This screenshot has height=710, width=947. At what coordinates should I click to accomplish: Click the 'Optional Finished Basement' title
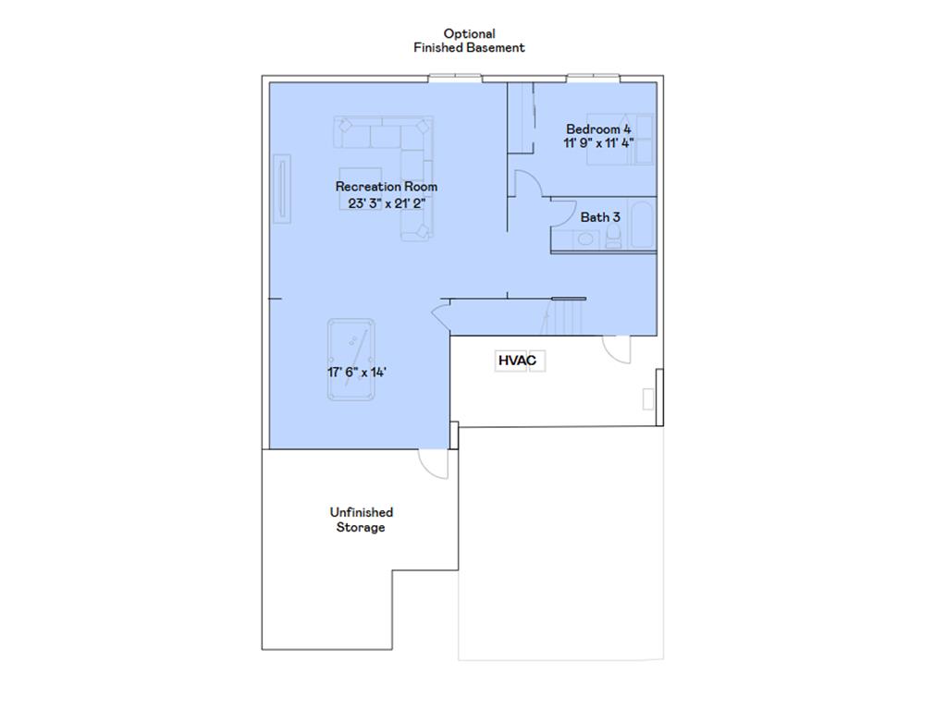tap(469, 41)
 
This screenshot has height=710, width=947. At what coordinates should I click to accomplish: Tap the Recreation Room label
tap(386, 187)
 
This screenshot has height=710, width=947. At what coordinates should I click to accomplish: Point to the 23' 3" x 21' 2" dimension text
tap(386, 202)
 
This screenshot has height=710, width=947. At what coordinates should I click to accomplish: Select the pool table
tap(351, 359)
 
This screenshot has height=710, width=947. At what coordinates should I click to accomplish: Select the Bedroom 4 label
tap(598, 129)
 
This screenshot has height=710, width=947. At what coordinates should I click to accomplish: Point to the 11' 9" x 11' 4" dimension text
tap(598, 143)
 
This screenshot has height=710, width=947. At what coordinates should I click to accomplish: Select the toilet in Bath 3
tap(611, 239)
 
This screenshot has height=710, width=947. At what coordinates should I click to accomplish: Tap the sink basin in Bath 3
tap(585, 239)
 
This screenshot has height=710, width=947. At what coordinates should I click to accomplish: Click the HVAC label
tap(517, 361)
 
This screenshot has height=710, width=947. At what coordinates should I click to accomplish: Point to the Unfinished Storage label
tap(361, 520)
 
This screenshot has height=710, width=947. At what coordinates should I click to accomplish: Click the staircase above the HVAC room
tap(563, 318)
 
